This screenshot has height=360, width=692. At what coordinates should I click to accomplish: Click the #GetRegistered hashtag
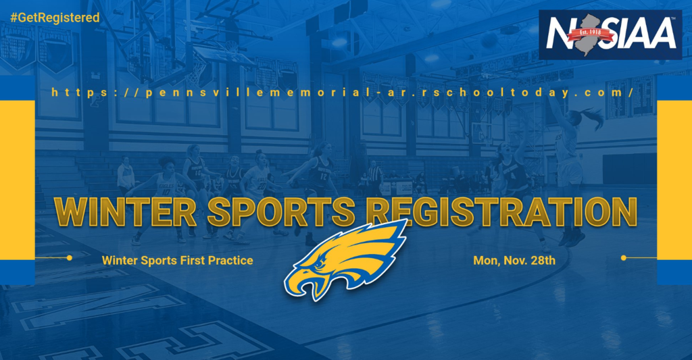55,18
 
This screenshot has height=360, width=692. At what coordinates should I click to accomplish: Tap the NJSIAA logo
610,35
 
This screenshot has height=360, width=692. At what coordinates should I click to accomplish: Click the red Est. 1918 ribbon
590,34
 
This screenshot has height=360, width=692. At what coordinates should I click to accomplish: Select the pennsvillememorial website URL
343,93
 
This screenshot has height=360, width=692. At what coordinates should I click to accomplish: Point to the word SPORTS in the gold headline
282,212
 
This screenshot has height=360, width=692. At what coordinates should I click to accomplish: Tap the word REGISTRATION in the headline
502,212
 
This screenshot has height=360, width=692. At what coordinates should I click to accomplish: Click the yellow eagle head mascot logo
345,260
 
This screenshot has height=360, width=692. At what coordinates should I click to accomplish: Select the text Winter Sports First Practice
178,260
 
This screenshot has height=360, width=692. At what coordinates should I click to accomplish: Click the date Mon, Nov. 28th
514,260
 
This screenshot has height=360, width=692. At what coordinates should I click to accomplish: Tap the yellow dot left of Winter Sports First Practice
70,257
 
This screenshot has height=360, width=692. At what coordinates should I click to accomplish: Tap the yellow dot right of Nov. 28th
624,257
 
